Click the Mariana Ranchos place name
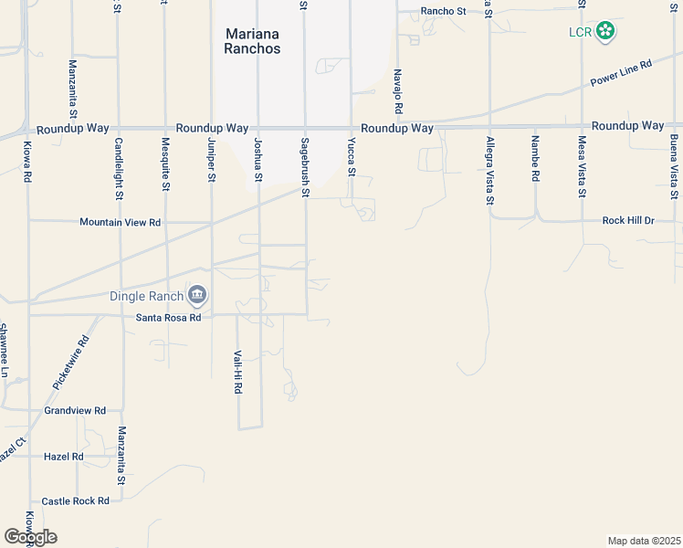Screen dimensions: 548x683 click(x=252, y=41)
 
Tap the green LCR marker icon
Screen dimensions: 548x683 click(x=604, y=32)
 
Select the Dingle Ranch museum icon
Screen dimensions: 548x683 click(x=197, y=295)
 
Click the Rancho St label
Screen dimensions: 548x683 click(x=443, y=12)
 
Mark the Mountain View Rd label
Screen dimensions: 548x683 click(x=120, y=222)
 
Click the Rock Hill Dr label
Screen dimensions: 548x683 click(x=629, y=221)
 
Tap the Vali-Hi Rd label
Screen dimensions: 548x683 click(x=237, y=372)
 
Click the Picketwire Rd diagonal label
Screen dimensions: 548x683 click(x=70, y=364)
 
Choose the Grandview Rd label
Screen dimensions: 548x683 click(x=75, y=411)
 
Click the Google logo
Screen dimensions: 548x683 click(x=30, y=537)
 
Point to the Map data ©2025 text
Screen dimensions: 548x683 click(x=644, y=541)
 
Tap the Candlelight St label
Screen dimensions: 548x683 click(x=119, y=169)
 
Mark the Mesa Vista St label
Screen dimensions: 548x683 click(x=582, y=167)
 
